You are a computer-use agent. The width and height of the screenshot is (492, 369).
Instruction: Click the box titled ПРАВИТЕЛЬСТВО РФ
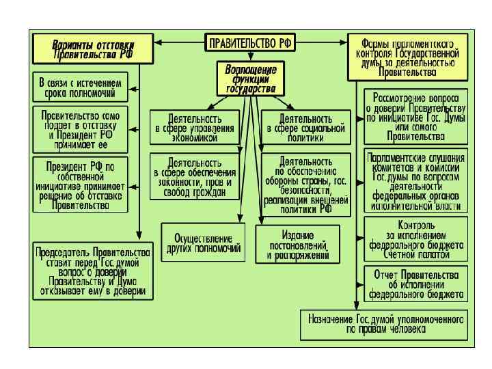[249, 42]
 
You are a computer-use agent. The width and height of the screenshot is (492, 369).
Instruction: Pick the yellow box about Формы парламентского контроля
[407, 54]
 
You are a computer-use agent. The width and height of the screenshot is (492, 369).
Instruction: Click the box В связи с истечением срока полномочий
[81, 87]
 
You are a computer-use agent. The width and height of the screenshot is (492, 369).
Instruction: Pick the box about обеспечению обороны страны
[305, 184]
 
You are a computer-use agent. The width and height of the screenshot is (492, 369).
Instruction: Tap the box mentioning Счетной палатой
[415, 239]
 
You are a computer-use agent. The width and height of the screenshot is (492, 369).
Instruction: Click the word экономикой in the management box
[195, 137]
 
